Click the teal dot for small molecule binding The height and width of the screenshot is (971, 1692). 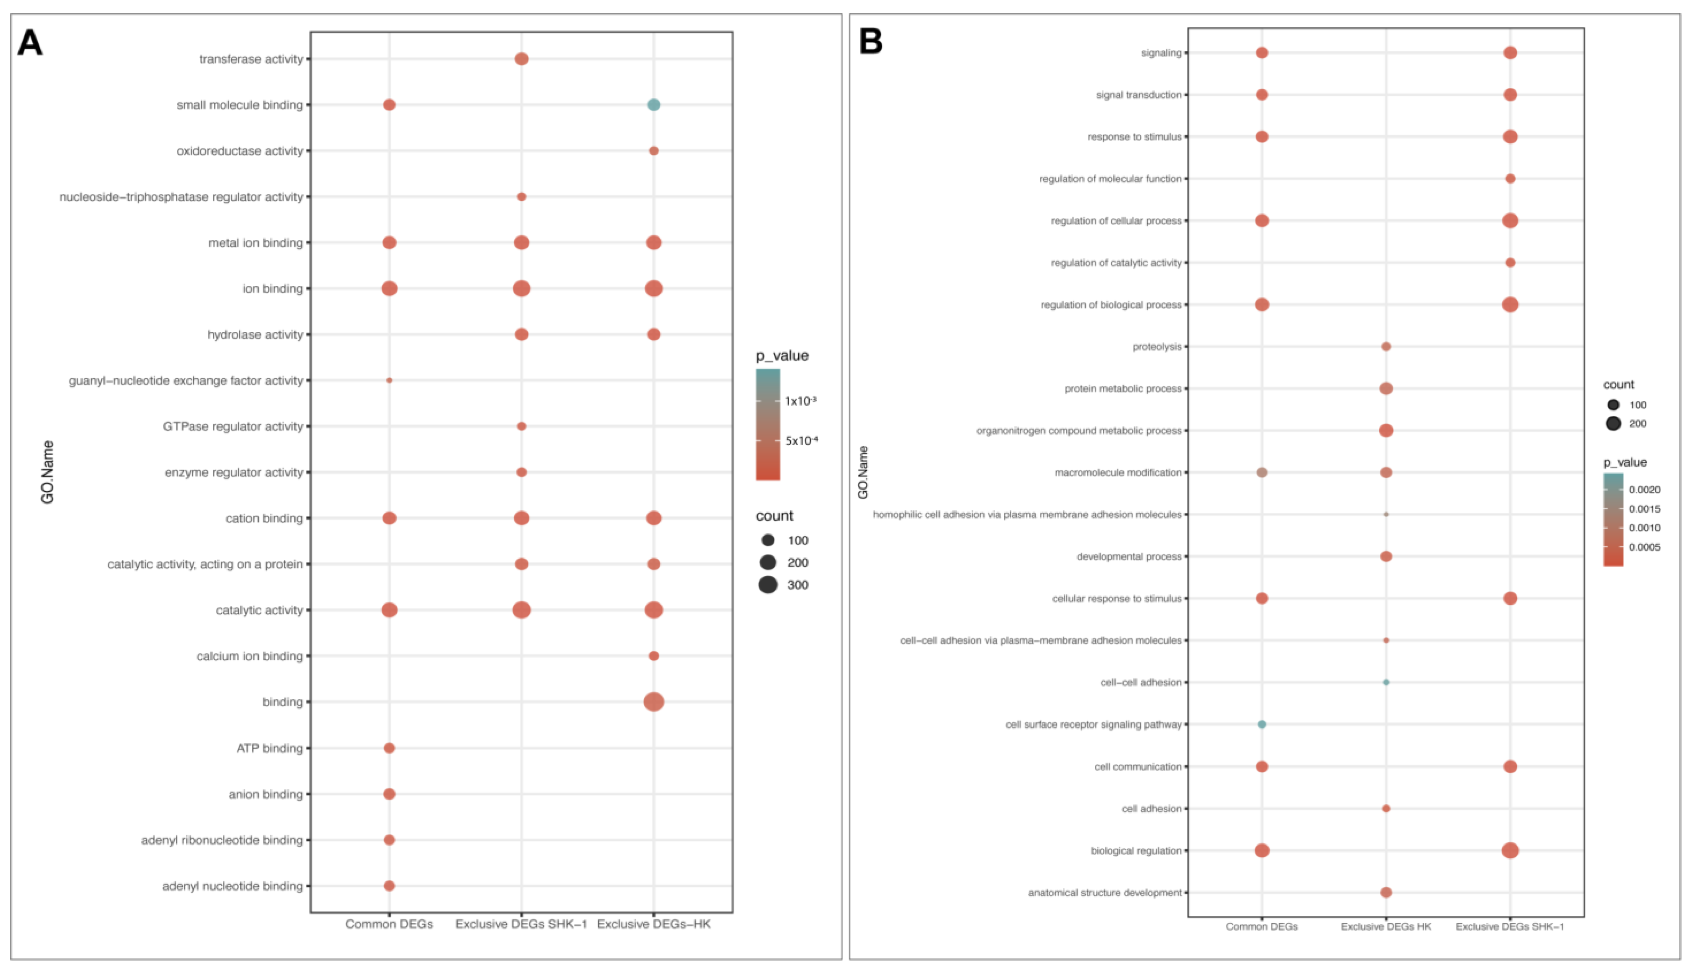pos(653,105)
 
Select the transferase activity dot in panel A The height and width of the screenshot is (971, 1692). pos(522,59)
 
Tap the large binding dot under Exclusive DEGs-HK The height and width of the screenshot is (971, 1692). pos(653,702)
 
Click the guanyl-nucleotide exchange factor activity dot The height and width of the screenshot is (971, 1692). pos(389,380)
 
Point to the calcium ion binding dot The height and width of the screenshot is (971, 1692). pos(653,656)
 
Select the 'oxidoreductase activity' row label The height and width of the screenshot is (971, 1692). pos(240,151)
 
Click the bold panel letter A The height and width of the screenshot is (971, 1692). pos(30,43)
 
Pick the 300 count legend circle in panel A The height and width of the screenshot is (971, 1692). pos(768,585)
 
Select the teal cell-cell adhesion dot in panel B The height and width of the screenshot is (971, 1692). pos(1386,682)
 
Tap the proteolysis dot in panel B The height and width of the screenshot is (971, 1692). pos(1386,347)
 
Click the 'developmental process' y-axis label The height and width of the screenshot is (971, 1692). pos(1128,556)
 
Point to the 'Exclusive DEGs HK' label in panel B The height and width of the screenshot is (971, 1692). pos(1386,926)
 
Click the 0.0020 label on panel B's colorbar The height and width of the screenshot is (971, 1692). pos(1644,489)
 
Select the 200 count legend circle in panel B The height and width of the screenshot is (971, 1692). pos(1613,423)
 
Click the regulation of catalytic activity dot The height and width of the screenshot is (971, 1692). pos(1511,263)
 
